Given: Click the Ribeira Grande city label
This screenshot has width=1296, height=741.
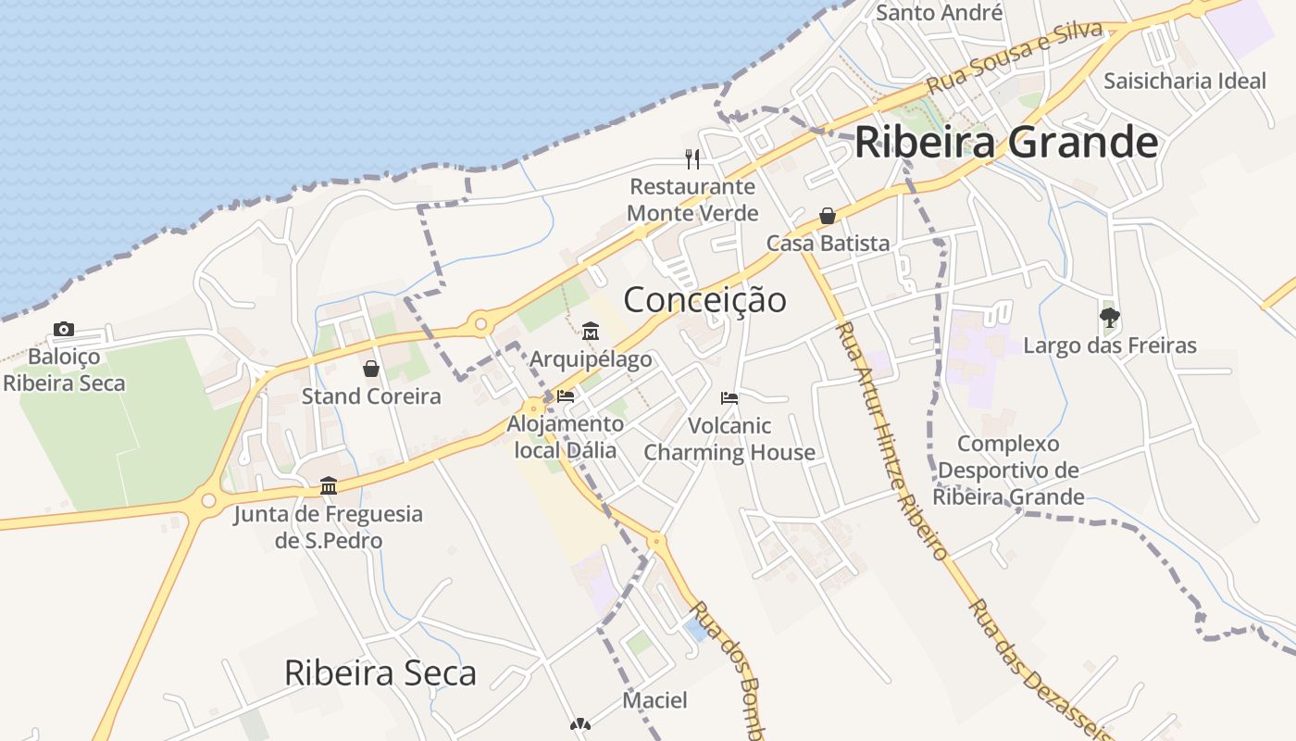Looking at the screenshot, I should click(x=1006, y=143).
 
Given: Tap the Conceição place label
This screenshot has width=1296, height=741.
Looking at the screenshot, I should click(x=704, y=299).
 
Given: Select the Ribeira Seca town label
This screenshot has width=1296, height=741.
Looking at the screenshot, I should click(x=380, y=672).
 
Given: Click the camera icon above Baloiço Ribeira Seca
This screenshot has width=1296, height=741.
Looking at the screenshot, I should click(x=64, y=329).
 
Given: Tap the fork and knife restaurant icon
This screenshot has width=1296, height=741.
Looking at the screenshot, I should click(x=692, y=158).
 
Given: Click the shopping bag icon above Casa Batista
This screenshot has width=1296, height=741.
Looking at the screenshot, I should click(x=828, y=216).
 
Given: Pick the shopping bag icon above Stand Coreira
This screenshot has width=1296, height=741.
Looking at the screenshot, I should click(x=371, y=369).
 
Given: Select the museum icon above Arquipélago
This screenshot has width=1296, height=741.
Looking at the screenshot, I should click(x=591, y=331).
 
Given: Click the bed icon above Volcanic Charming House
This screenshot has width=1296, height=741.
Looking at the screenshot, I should click(x=729, y=398).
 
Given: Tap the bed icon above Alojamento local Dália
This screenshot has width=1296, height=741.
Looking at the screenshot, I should click(x=566, y=396).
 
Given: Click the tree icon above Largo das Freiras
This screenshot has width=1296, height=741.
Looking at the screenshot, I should click(x=1110, y=318).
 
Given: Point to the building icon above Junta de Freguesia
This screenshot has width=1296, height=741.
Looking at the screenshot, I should click(x=328, y=485).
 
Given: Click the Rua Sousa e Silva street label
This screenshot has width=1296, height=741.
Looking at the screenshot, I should click(x=1015, y=56).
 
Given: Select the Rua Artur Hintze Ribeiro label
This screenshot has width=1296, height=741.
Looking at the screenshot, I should click(x=891, y=440).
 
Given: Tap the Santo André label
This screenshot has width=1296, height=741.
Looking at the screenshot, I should click(x=939, y=12).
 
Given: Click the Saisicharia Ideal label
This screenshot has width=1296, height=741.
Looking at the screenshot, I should click(x=1184, y=81).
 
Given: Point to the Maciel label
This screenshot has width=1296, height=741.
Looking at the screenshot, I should click(x=654, y=700).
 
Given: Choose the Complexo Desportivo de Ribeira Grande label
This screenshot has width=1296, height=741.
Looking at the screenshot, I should click(x=1008, y=471).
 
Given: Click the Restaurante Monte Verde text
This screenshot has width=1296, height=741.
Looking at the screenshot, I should click(x=692, y=199).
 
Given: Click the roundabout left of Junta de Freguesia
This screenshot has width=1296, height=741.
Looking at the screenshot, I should click(x=208, y=501).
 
